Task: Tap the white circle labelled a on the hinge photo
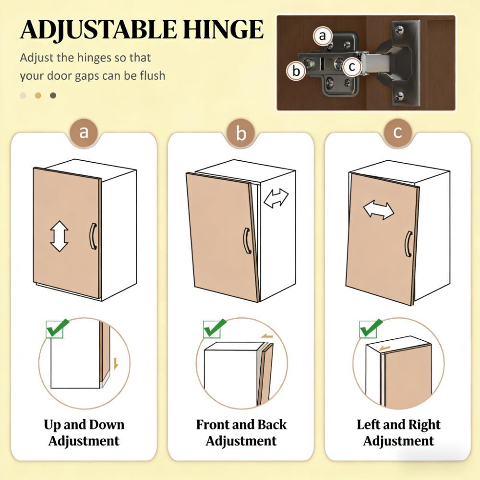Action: [x=323, y=36]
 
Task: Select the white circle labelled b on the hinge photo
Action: [x=296, y=71]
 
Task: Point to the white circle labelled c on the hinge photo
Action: [x=352, y=66]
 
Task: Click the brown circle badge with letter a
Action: [x=84, y=132]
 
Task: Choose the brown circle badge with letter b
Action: [x=241, y=133]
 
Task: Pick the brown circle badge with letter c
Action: [x=397, y=132]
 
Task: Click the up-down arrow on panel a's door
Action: [x=59, y=236]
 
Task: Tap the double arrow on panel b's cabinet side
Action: [x=276, y=198]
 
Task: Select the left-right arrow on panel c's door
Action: [x=379, y=211]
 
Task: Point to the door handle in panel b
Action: [x=247, y=240]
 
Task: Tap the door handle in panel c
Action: [x=408, y=244]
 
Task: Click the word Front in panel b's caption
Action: [x=213, y=425]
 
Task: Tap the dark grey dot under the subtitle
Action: [x=53, y=96]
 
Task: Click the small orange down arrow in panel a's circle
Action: [x=116, y=363]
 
